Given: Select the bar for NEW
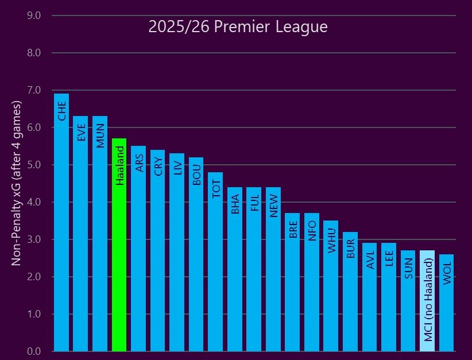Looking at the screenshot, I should click(273, 270).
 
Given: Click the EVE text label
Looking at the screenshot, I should click(81, 132).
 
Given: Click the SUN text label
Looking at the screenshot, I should click(408, 268).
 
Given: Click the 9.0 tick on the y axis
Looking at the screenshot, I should click(34, 16).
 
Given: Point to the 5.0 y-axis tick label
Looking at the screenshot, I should click(34, 165).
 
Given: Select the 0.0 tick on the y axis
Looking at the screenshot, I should click(34, 351).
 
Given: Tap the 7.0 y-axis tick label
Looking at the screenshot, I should click(34, 90).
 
